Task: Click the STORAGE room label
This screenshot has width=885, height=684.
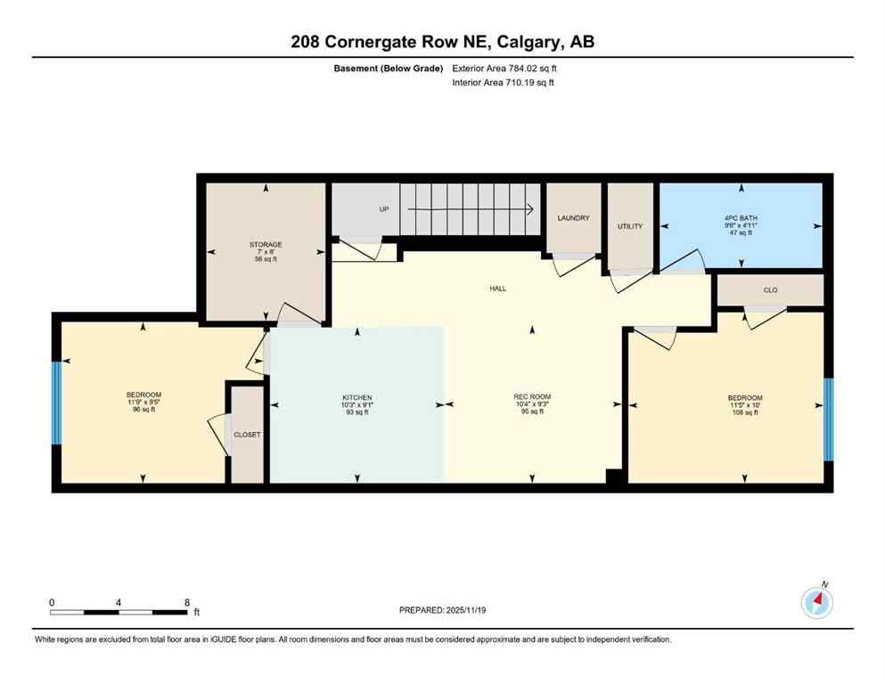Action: [266, 244]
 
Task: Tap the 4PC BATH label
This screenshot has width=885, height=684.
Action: [741, 218]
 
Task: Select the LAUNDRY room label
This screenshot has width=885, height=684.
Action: [574, 217]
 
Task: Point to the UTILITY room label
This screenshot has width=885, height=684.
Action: [630, 226]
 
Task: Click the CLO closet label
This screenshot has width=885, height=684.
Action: [771, 289]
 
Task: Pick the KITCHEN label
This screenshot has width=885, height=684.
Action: [356, 397]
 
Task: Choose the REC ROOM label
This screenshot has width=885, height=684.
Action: [532, 397]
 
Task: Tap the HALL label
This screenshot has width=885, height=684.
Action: [497, 289]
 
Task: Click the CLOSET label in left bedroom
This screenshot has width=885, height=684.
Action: [247, 435]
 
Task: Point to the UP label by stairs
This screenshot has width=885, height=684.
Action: [384, 209]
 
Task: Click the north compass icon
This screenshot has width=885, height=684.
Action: [817, 603]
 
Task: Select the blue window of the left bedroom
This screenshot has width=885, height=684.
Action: [57, 403]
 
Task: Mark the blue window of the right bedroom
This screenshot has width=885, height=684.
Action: [828, 419]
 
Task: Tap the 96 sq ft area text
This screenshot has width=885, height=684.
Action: [143, 410]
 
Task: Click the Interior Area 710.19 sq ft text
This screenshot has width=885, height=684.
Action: [504, 83]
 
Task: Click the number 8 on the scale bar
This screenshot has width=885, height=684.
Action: [186, 602]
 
